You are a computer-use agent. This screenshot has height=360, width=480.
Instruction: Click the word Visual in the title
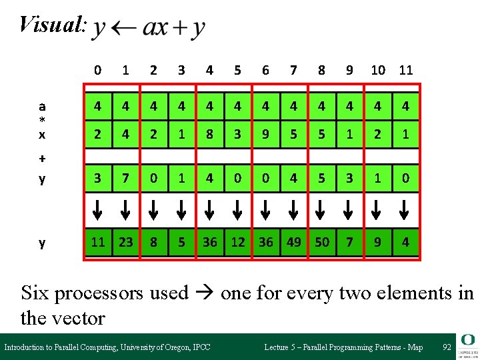click(x=51, y=25)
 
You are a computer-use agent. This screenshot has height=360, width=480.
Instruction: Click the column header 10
click(x=378, y=69)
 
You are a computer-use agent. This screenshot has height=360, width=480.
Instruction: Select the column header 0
click(x=98, y=69)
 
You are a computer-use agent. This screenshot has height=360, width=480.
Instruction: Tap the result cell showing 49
click(x=294, y=243)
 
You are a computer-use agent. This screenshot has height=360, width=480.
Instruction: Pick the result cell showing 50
click(x=322, y=243)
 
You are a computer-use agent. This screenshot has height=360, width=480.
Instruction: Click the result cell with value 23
click(x=126, y=243)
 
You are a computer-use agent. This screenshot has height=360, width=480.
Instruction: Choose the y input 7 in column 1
click(x=126, y=179)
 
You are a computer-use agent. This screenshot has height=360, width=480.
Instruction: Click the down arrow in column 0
click(x=98, y=210)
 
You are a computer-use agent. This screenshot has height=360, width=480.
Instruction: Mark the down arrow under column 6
click(x=266, y=210)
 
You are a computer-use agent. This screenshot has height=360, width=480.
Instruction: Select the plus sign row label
click(x=42, y=159)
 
